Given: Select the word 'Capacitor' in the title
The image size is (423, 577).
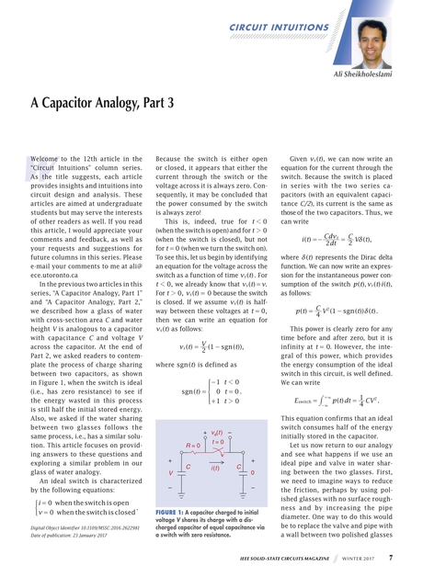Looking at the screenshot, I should click(78, 102).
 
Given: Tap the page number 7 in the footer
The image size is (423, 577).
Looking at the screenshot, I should click(391, 557).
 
